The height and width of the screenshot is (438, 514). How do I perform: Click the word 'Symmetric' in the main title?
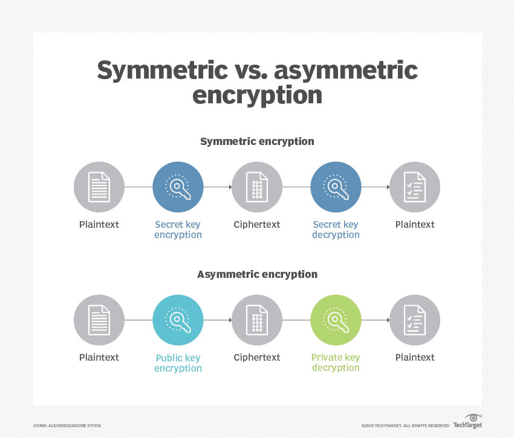163,71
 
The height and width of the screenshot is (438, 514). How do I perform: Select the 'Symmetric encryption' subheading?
258,141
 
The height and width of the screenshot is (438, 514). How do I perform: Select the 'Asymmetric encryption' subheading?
258,274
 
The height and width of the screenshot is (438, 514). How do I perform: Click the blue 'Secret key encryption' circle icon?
178,187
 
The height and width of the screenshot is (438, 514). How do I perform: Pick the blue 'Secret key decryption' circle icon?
336,187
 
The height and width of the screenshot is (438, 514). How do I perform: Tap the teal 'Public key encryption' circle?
178,320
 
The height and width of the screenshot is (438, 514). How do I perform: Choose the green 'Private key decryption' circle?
336,320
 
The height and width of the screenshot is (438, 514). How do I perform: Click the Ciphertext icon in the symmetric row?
257,187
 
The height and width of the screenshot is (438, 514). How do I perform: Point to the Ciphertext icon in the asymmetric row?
257,320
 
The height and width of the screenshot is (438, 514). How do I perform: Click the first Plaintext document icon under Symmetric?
99,187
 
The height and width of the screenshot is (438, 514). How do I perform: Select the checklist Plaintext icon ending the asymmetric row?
415,320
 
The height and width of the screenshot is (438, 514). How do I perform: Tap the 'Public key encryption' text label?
178,363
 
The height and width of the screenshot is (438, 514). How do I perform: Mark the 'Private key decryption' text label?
336,362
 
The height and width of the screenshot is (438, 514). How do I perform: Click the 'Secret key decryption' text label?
336,230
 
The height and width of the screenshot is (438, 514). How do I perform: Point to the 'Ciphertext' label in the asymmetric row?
257,358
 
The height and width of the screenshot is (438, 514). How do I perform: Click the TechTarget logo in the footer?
468,422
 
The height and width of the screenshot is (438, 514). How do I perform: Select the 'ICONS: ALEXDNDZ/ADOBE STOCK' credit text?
67,425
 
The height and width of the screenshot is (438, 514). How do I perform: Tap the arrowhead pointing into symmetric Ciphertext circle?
230,187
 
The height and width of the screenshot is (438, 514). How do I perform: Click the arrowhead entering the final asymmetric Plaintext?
388,320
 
